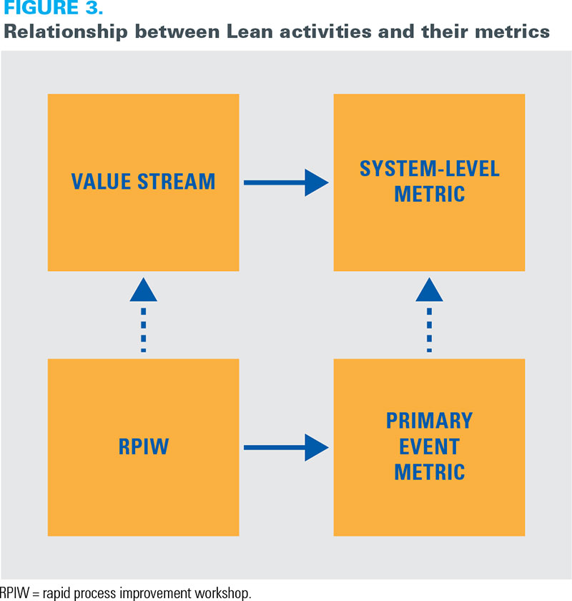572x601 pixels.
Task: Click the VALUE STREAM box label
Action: coord(143,181)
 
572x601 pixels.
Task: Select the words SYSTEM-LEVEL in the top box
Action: coord(430,169)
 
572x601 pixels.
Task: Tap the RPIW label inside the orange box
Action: coord(143,446)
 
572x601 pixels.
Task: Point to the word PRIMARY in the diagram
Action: coord(430,421)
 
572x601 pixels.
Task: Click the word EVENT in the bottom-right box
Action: coord(430,446)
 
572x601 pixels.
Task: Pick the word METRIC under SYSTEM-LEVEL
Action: coord(430,194)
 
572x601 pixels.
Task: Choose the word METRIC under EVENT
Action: coord(430,471)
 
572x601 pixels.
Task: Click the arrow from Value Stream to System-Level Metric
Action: coord(286,182)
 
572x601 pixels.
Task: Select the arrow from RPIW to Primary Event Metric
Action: coord(286,447)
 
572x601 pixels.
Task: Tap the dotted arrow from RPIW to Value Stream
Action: coord(143,315)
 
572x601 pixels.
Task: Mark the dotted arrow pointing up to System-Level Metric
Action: coord(429,315)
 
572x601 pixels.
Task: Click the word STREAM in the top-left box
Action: coord(176,181)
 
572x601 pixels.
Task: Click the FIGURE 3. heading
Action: coord(53,8)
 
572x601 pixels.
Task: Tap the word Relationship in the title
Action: coord(66,32)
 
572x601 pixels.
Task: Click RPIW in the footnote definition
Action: coord(14,592)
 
